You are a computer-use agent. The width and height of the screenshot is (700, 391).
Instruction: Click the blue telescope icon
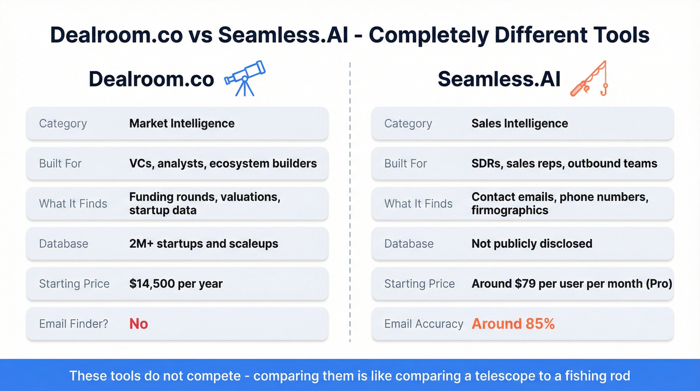tap(244, 78)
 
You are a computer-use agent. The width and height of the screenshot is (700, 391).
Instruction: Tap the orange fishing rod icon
tap(589, 79)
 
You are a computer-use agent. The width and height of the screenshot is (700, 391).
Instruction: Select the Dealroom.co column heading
tap(151, 79)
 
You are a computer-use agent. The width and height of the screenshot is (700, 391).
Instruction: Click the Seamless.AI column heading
tap(499, 79)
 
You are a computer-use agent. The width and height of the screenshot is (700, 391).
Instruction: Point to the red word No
tap(138, 324)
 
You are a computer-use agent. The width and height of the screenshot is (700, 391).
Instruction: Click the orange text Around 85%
tap(513, 324)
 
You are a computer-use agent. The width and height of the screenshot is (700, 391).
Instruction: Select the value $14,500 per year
tap(175, 284)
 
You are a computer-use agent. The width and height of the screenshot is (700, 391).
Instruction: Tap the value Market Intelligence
tap(181, 124)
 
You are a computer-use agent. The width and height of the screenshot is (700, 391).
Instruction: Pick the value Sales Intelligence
tap(519, 124)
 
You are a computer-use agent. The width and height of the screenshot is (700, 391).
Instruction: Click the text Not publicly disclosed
tap(531, 244)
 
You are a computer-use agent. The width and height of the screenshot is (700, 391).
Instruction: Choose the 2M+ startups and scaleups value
tap(203, 244)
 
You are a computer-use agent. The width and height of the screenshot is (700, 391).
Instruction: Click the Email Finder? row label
tap(73, 324)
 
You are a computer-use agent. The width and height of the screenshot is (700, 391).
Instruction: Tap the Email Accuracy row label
tap(423, 324)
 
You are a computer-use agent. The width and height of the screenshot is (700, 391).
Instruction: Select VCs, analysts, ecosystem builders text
tap(223, 164)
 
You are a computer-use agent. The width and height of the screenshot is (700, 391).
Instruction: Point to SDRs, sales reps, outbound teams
tap(564, 164)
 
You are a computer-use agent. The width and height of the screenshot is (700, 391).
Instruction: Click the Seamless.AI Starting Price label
tap(419, 284)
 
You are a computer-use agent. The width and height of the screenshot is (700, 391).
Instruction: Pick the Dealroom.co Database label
tap(63, 244)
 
